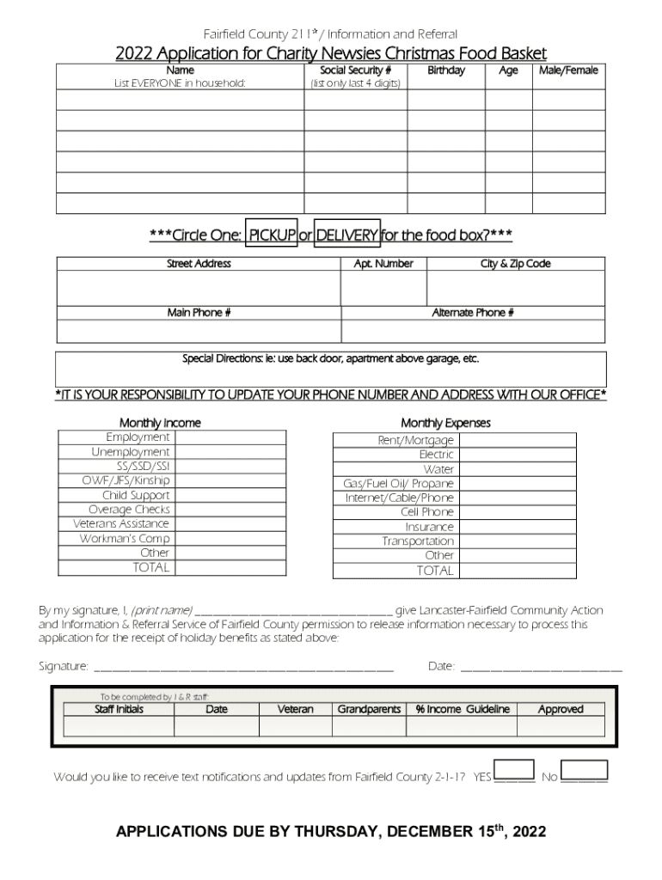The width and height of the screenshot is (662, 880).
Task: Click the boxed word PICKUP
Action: [272, 235]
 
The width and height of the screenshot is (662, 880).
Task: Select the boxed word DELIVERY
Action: [346, 235]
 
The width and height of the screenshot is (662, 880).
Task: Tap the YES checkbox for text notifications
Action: [514, 770]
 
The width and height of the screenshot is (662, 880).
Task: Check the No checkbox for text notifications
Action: [584, 770]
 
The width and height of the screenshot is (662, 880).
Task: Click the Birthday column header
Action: [445, 70]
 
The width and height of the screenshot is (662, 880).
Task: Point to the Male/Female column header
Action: [568, 70]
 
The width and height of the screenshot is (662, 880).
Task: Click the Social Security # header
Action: [355, 70]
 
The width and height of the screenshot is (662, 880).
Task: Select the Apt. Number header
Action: [383, 264]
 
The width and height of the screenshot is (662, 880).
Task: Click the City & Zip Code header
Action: [515, 264]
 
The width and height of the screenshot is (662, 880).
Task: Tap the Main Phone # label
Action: [199, 313]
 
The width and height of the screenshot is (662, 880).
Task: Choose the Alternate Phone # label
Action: [473, 313]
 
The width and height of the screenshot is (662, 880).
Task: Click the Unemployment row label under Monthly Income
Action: [131, 452]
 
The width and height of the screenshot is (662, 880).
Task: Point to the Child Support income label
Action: [136, 495]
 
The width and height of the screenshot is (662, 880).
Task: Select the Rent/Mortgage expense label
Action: [416, 440]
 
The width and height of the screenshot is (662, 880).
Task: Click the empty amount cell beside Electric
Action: [517, 455]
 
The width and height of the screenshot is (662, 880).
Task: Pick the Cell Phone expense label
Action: [427, 512]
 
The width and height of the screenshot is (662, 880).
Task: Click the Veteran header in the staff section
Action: [295, 710]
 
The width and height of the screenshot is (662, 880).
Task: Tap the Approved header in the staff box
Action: [561, 710]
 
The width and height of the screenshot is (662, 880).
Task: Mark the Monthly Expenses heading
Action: [445, 423]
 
